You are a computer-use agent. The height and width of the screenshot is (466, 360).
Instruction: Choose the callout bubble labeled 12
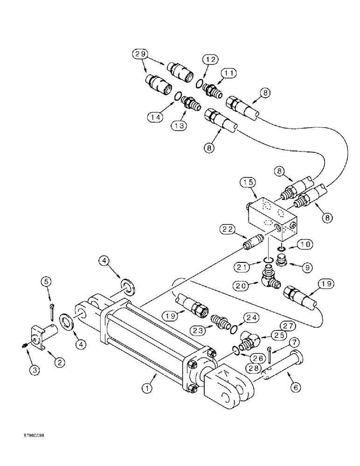(x=209, y=60)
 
